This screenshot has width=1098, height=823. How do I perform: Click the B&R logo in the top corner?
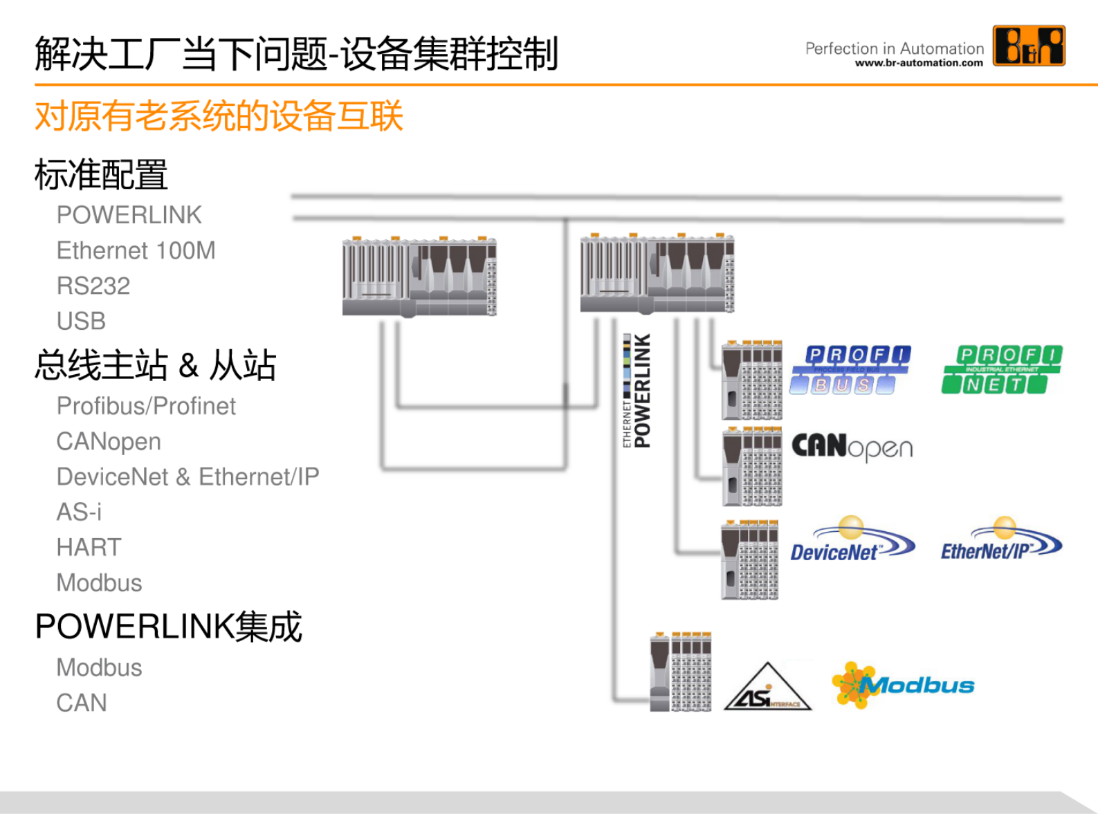point(1029,46)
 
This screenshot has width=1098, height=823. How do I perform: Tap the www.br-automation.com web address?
point(919,63)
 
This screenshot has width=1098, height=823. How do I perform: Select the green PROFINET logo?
point(1002,370)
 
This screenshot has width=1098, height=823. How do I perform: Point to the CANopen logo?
point(852,447)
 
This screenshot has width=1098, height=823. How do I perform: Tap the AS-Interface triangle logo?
point(767,688)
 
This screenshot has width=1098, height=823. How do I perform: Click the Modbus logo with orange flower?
point(902,685)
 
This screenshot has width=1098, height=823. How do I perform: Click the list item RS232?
point(93,286)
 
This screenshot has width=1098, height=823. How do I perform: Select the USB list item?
point(81,321)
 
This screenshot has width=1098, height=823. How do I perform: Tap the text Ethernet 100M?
point(136,250)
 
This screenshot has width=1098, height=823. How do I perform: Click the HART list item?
point(89,547)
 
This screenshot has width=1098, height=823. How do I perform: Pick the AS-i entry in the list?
point(79,512)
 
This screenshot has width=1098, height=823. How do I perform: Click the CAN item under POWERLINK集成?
point(82,703)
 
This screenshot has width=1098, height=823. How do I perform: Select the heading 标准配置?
point(101,174)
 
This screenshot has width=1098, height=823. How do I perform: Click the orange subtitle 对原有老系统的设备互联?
point(219,115)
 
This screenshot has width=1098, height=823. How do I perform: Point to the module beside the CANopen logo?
point(752,467)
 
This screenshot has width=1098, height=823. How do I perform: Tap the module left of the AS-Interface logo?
point(681,672)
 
